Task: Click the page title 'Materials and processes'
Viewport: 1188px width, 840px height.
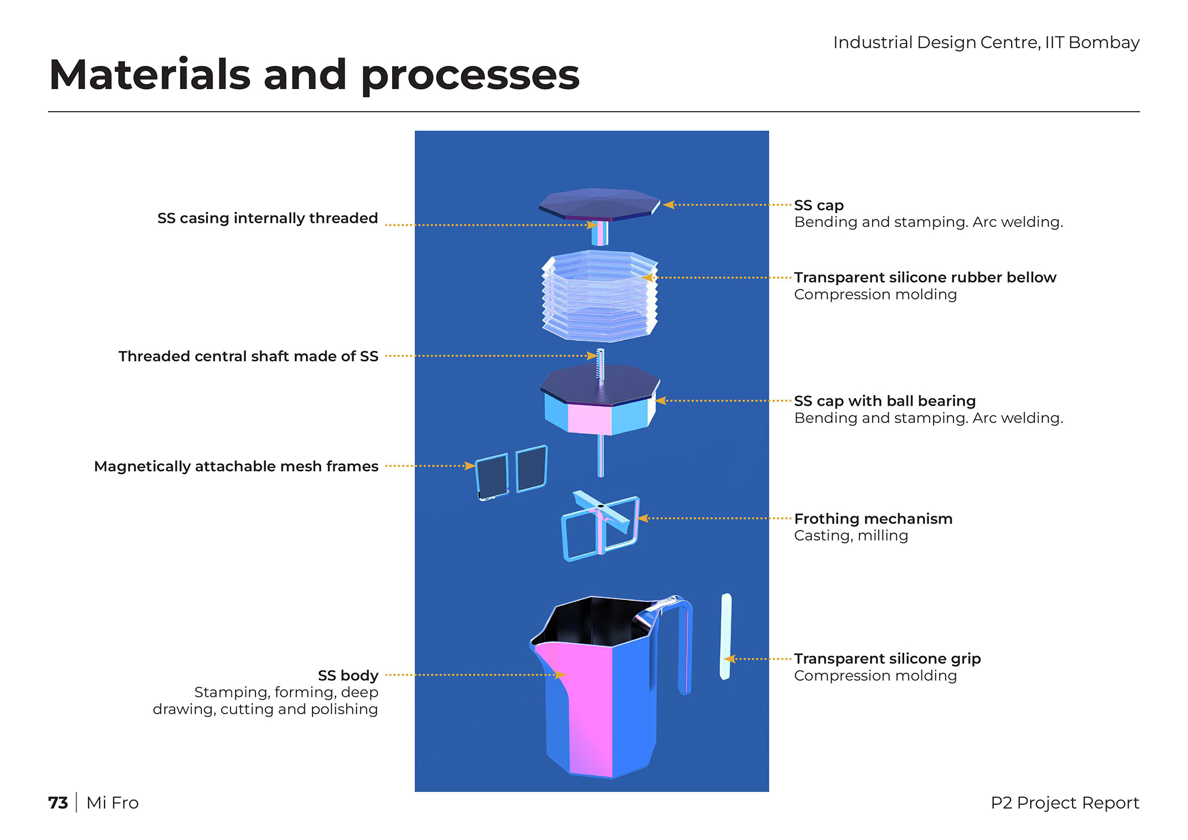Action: coord(314,75)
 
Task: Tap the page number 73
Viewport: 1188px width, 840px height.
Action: coord(58,803)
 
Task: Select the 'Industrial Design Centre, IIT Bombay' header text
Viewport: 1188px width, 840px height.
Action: coord(986,43)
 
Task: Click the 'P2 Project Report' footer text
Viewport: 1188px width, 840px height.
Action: coord(1065,803)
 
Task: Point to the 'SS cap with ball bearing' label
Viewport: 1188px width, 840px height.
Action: coord(885,401)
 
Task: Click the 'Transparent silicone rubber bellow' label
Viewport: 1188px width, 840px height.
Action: coord(925,277)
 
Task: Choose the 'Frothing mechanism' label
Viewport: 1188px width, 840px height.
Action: coord(873,519)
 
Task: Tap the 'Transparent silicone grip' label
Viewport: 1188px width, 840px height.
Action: coord(887,659)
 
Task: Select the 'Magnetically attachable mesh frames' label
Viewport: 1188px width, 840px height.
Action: coord(236,466)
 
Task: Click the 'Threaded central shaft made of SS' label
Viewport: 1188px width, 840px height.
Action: coord(248,356)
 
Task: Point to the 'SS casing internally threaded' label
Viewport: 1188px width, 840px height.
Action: coord(268,218)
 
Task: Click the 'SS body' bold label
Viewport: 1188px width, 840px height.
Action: coord(348,675)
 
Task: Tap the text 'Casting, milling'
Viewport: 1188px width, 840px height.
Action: coord(851,535)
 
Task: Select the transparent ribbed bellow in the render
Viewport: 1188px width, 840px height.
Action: coord(600,295)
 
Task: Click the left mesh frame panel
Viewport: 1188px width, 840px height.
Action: coord(492,476)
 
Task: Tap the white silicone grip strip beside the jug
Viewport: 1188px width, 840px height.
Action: coord(726,636)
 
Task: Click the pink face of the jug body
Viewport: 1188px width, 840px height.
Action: coord(588,707)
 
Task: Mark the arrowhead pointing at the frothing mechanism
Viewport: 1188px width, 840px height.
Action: coord(642,519)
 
